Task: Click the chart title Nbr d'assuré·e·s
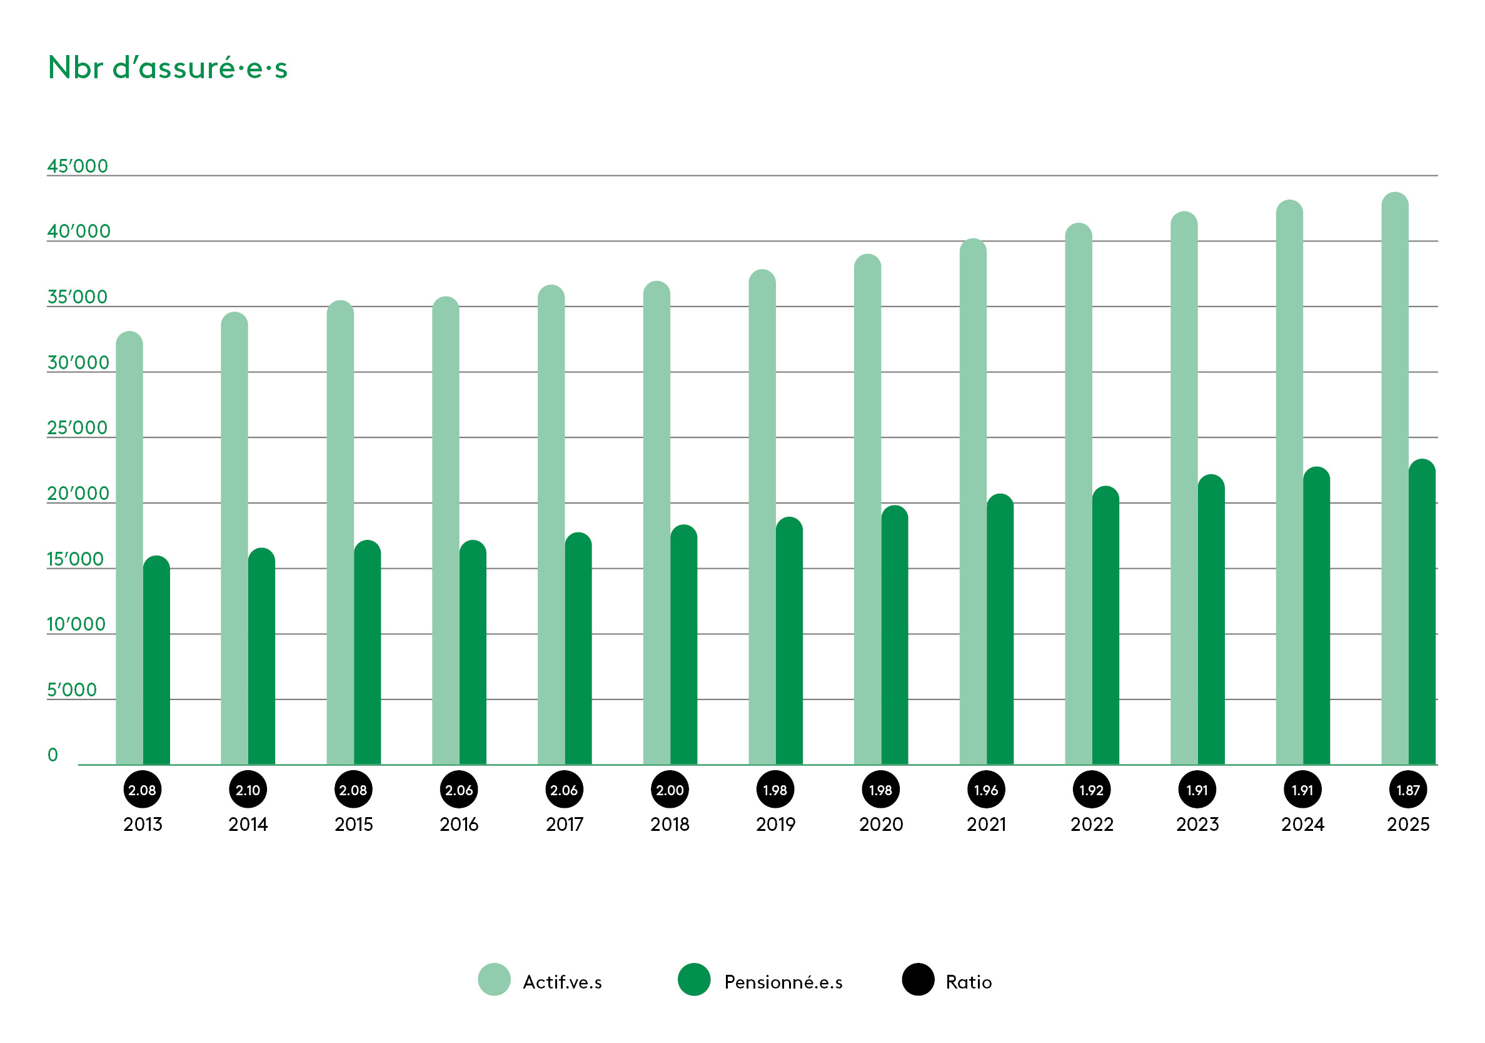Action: tap(168, 68)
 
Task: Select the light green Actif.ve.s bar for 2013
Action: tap(129, 550)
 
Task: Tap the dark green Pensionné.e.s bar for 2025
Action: tap(1422, 614)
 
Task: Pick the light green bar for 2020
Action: tap(867, 511)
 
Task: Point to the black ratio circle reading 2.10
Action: tap(248, 790)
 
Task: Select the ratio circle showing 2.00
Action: tap(670, 790)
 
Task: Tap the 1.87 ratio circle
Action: tap(1407, 790)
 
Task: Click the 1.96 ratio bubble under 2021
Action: tap(985, 790)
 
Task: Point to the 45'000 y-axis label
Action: tap(78, 166)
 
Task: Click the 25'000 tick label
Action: tap(78, 428)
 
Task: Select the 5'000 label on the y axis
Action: tap(72, 689)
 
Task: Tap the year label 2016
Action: tap(458, 824)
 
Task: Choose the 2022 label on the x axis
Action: tap(1092, 824)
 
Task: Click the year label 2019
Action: tap(775, 824)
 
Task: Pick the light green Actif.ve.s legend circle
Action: tap(494, 979)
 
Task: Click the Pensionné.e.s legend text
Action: tap(783, 982)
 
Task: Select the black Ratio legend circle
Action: tap(918, 979)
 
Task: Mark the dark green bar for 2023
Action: tap(1211, 621)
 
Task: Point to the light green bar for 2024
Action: tap(1289, 486)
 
